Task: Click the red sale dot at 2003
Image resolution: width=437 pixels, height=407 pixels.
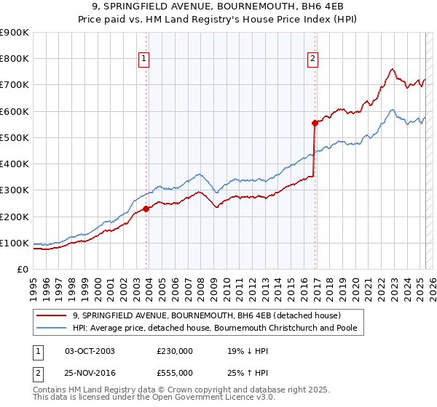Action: (146, 209)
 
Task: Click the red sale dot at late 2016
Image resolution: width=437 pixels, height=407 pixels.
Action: (315, 123)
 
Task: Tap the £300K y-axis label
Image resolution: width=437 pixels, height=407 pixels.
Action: (15, 190)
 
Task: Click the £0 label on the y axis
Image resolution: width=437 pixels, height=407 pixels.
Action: (22, 270)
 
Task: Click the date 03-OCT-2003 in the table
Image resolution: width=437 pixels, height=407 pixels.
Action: (90, 351)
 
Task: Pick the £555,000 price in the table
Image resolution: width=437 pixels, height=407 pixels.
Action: (175, 372)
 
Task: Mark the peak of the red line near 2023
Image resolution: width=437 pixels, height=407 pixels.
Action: (392, 68)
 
